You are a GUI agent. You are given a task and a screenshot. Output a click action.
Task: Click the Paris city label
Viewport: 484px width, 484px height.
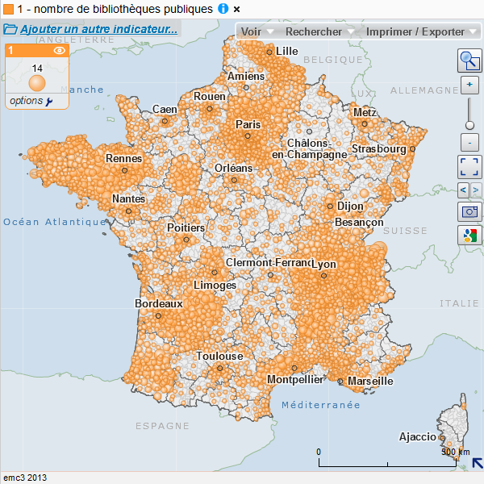pyautogui.click(x=248, y=125)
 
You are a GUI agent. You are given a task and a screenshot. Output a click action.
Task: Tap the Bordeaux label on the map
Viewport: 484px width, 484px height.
pyautogui.click(x=159, y=304)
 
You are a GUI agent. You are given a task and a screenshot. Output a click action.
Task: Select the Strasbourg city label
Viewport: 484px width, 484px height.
pyautogui.click(x=378, y=149)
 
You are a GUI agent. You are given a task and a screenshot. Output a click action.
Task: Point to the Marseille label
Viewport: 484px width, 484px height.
pyautogui.click(x=370, y=381)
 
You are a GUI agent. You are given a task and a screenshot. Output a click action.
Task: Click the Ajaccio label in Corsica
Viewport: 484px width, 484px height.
pyautogui.click(x=418, y=437)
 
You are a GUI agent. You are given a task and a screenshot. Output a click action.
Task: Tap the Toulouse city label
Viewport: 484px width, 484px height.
pyautogui.click(x=219, y=356)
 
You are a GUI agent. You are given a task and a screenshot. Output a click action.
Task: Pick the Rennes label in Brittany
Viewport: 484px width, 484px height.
pyautogui.click(x=123, y=159)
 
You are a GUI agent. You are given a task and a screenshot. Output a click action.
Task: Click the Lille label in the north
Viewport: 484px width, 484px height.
pyautogui.click(x=287, y=51)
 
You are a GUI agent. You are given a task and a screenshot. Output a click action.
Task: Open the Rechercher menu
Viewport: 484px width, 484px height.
pyautogui.click(x=320, y=31)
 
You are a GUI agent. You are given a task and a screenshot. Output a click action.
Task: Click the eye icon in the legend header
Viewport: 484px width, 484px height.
pyautogui.click(x=59, y=51)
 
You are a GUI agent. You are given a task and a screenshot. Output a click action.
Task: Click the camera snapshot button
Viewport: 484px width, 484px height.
pyautogui.click(x=469, y=212)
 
